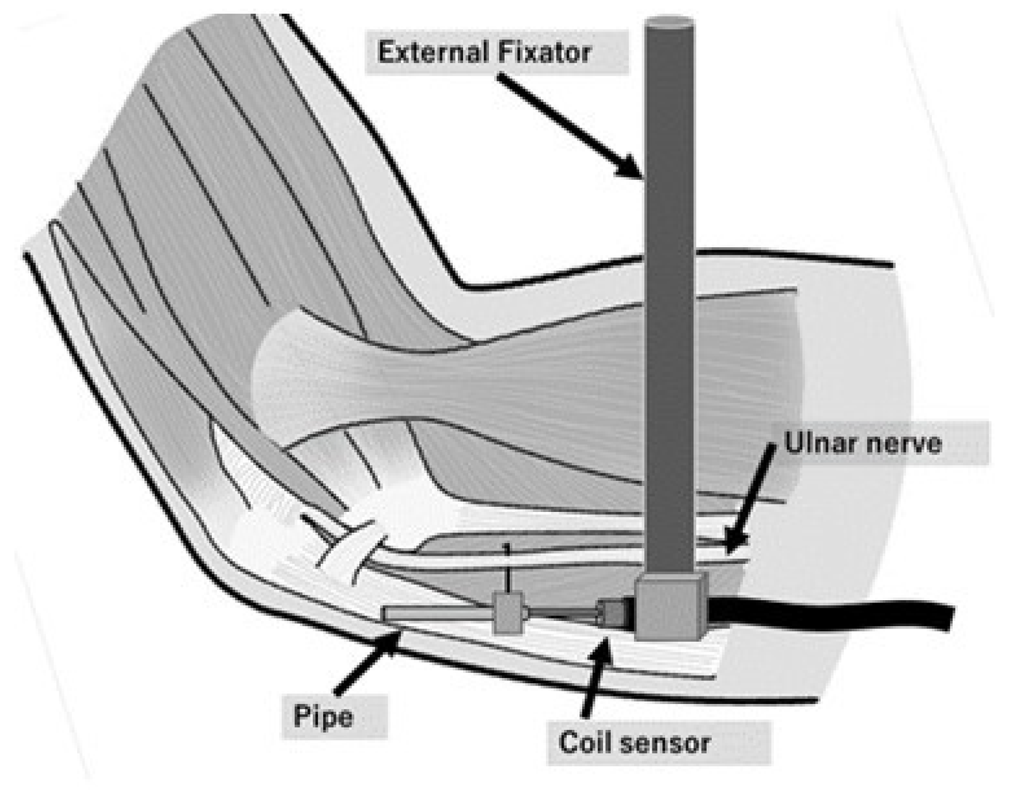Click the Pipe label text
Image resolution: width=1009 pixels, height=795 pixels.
pyautogui.click(x=323, y=717)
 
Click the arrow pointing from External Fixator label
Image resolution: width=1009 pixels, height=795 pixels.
pyautogui.click(x=570, y=124)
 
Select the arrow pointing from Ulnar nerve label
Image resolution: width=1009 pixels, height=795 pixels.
pyautogui.click(x=750, y=499)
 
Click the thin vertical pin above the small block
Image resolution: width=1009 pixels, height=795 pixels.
pyautogui.click(x=507, y=568)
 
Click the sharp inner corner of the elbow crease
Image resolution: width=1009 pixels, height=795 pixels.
pyautogui.click(x=461, y=285)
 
